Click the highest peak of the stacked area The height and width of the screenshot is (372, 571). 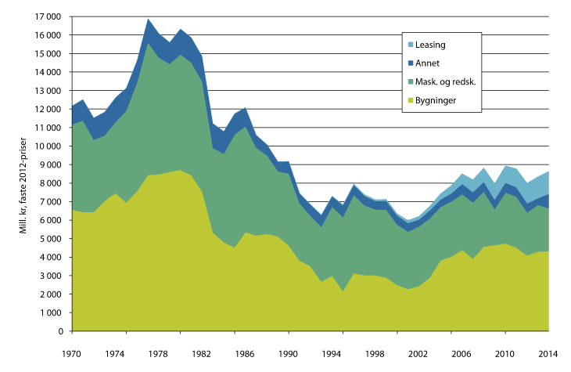148,20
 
